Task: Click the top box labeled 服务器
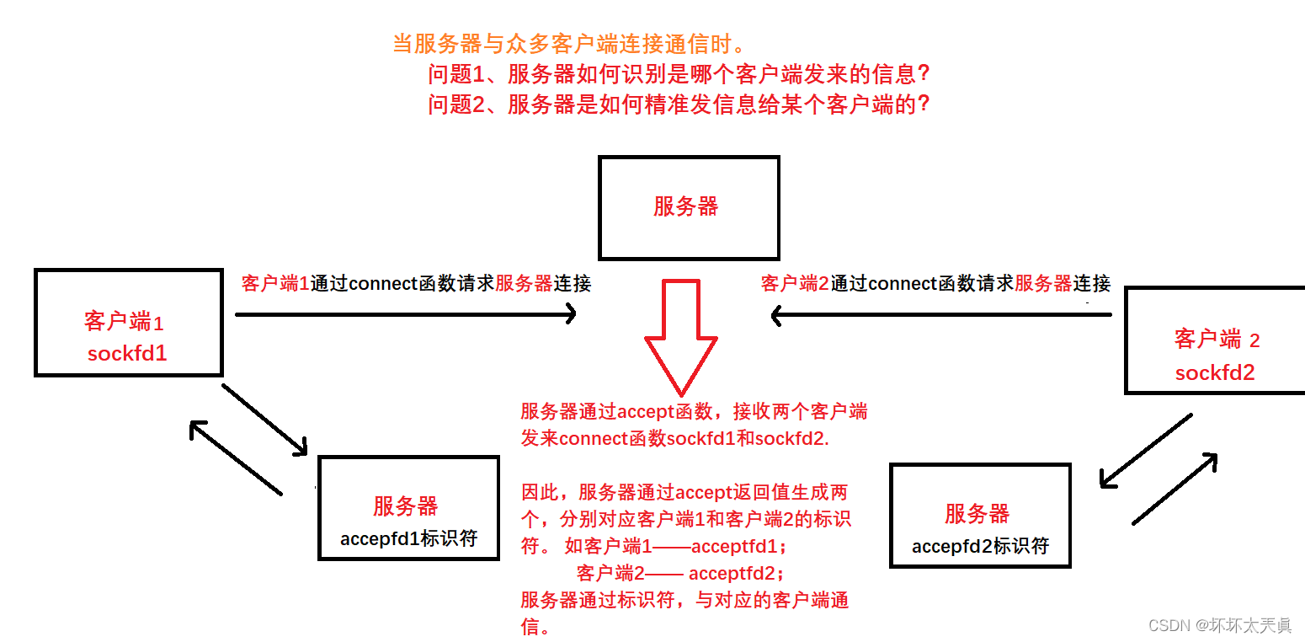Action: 688,208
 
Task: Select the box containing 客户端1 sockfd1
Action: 128,323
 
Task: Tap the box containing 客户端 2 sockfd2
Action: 1216,340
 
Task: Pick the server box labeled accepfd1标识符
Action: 408,507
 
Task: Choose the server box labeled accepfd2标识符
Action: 980,515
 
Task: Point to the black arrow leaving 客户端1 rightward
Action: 405,314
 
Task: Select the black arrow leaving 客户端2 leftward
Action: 941,315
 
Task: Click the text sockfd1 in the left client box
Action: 127,353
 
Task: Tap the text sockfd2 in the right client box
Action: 1215,372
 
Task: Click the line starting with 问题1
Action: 679,74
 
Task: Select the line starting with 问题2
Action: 679,104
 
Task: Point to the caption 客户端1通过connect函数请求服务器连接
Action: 416,283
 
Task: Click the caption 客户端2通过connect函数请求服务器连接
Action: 935,283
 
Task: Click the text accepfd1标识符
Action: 408,538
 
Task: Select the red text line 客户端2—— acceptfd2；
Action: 682,574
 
